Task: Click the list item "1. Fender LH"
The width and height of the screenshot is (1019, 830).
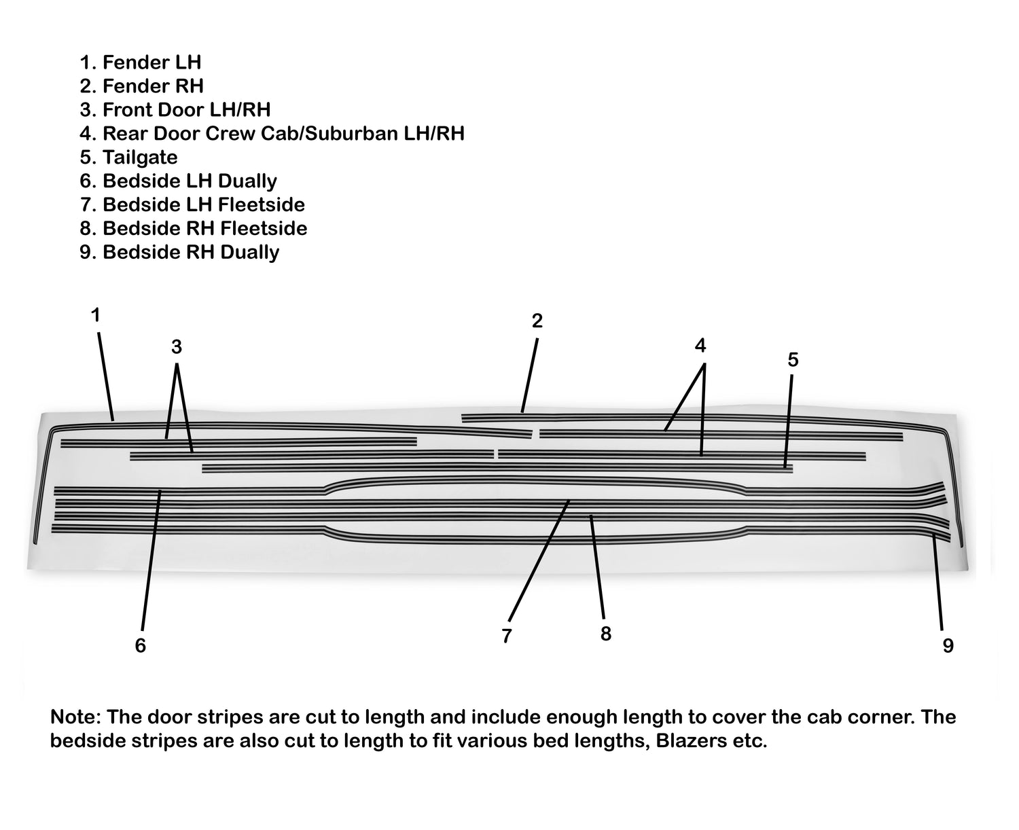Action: [141, 62]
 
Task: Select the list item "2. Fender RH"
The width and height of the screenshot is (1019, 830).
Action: [141, 86]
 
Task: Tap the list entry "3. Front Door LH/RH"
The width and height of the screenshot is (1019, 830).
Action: [175, 110]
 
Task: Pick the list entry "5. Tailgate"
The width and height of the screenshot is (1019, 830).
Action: [128, 158]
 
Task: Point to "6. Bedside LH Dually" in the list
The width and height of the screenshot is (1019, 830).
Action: [178, 181]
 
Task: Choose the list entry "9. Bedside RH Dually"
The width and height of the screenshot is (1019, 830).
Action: [179, 253]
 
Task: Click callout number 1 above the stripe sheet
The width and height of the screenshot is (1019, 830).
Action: [96, 315]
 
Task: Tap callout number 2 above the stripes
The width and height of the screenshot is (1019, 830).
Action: [537, 321]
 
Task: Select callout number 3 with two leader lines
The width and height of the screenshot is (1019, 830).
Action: [177, 347]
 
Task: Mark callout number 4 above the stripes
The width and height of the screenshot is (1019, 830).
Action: [700, 345]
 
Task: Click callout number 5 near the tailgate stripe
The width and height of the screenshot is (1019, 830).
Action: [793, 360]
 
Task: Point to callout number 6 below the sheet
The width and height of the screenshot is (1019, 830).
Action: [141, 646]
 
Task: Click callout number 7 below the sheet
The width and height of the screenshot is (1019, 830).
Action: [506, 636]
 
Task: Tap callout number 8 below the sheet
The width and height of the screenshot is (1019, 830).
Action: [606, 634]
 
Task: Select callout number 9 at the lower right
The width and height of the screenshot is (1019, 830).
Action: [948, 646]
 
